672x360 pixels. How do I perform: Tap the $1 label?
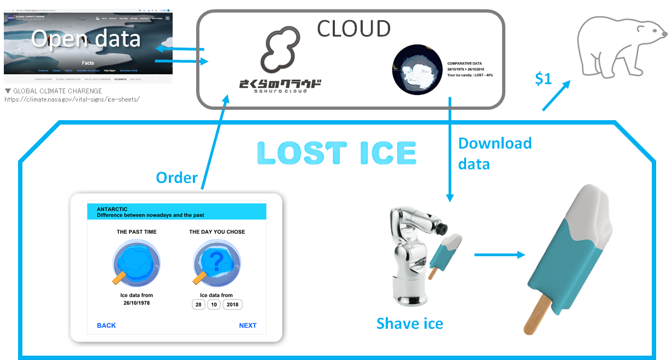(543, 79)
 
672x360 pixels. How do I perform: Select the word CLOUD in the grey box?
(353, 28)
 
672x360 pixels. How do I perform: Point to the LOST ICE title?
(337, 153)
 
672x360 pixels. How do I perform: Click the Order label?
(176, 178)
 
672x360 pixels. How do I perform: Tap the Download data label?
(494, 153)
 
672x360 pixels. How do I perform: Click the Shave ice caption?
(409, 323)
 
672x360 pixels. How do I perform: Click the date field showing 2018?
(232, 304)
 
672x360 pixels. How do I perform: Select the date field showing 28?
(198, 304)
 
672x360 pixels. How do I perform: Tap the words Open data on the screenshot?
(86, 39)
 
